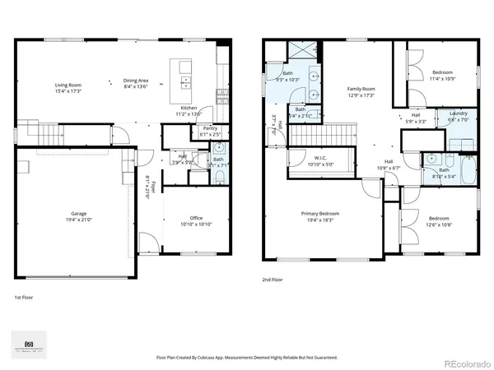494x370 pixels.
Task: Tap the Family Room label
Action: [x=361, y=88]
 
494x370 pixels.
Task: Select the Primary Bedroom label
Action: [x=320, y=213]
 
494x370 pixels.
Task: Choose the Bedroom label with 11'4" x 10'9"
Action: [x=443, y=72]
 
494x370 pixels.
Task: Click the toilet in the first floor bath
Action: [x=219, y=149]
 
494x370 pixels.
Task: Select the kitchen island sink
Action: [x=183, y=82]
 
